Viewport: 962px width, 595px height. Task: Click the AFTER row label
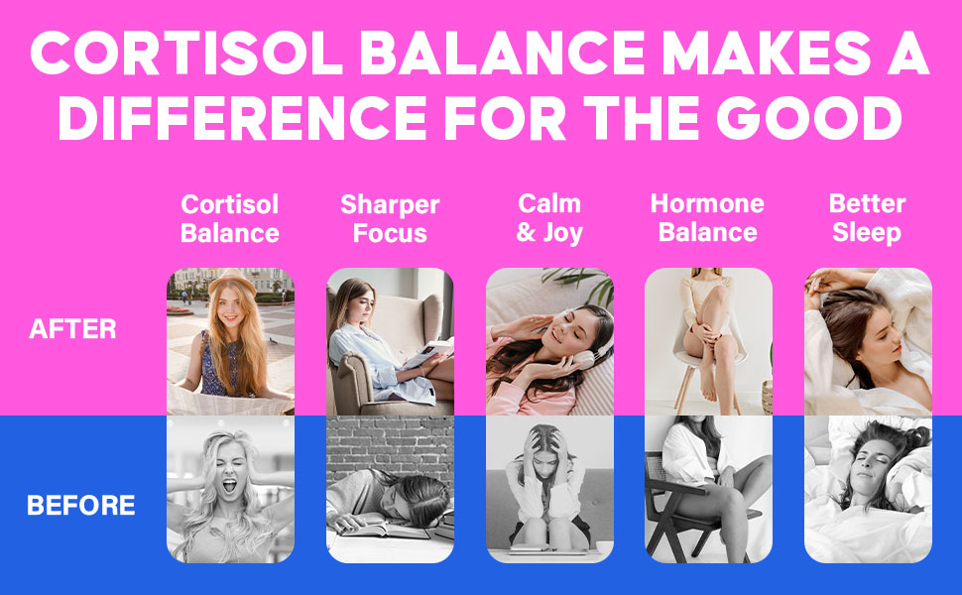click(72, 329)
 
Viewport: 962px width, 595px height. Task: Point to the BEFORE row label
click(80, 506)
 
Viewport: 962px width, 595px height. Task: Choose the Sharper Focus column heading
click(390, 219)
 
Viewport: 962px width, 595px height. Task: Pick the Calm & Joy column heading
click(549, 219)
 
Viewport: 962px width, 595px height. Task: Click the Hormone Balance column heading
click(707, 219)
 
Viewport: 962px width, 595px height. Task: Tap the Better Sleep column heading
click(867, 219)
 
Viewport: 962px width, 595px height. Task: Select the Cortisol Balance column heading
click(230, 219)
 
